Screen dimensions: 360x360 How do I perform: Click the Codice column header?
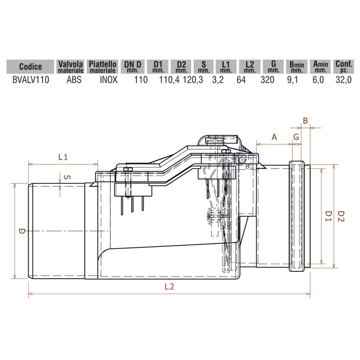(x=30, y=66)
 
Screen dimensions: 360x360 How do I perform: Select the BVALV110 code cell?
(x=31, y=79)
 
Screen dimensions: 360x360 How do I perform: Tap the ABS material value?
(x=74, y=79)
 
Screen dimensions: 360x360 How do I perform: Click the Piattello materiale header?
(x=102, y=66)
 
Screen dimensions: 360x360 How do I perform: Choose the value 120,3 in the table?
(x=193, y=79)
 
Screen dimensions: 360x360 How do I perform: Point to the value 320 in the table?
(x=267, y=79)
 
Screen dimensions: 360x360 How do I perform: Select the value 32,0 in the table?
(x=343, y=79)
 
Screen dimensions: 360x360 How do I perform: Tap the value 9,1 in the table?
(x=292, y=79)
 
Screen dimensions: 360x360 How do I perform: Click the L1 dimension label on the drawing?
(x=63, y=157)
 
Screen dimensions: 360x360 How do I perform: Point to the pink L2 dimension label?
(x=169, y=287)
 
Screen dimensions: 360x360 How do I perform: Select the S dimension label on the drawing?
(x=68, y=178)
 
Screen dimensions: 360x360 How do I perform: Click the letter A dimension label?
(x=275, y=137)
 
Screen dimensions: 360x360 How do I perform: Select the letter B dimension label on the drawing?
(x=306, y=121)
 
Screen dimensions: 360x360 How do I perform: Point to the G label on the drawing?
(x=296, y=137)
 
